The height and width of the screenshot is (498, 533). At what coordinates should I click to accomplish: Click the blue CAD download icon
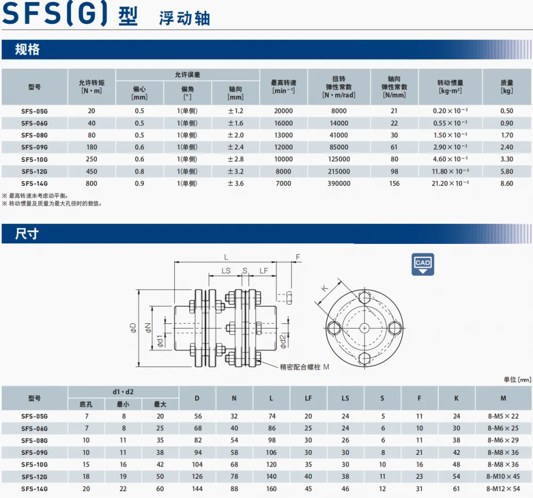point(423,264)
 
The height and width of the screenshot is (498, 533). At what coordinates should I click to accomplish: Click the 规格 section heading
point(27,50)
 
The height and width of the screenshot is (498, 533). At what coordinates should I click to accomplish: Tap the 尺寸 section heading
point(27,234)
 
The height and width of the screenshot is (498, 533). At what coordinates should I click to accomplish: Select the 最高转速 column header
point(284,87)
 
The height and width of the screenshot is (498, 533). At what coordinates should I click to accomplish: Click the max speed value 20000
point(284,111)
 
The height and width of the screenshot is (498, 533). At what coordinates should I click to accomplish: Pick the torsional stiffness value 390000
point(339,183)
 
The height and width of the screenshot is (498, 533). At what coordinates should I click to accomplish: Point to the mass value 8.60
point(506,183)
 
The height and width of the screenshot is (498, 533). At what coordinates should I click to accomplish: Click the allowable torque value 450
point(92,172)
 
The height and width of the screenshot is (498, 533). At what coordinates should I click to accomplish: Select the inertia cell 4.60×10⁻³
point(450,159)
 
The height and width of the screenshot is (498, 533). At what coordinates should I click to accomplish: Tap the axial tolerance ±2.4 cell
point(236,147)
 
